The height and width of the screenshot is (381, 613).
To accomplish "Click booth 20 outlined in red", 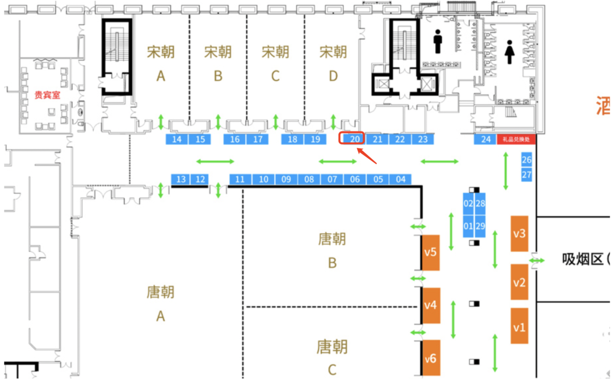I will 352,139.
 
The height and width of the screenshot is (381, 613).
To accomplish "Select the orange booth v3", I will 519,233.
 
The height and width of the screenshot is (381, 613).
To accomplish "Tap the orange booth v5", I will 431,252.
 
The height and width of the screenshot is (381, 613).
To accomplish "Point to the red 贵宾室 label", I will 47,95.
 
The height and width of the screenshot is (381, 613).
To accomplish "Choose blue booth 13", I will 181,180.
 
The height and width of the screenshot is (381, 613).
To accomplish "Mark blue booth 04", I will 401,180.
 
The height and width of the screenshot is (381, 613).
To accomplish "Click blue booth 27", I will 527,175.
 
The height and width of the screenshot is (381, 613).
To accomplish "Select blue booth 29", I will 481,226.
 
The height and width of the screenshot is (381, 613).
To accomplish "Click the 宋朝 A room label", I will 161,63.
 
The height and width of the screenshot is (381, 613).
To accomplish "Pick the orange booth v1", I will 519,326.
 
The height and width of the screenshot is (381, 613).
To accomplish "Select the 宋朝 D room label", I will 333,63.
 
